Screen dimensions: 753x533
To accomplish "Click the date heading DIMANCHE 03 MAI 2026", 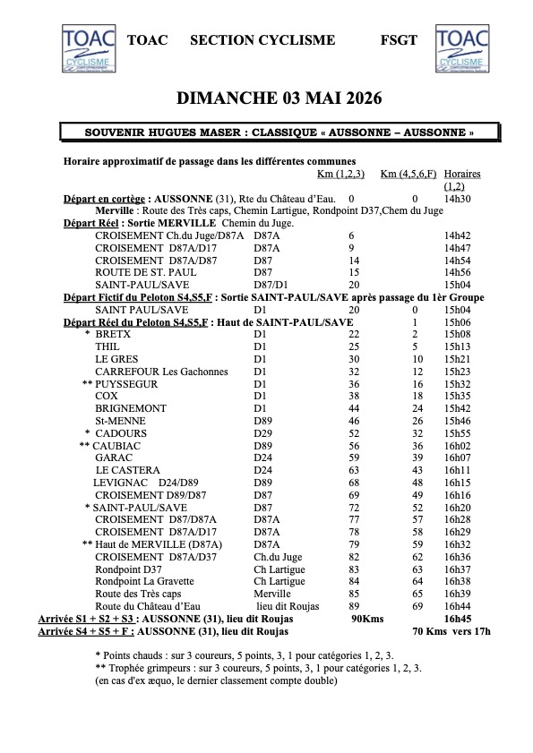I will (266, 98).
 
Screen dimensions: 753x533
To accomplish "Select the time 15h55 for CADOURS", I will (458, 432).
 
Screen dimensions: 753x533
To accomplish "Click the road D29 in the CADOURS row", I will (262, 432).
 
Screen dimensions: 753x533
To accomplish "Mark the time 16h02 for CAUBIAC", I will (458, 445).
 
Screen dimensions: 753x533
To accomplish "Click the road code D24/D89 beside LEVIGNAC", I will (180, 482).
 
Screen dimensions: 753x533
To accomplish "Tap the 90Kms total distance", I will (367, 618).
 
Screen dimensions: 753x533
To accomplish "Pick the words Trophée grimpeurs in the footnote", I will (147, 668).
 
